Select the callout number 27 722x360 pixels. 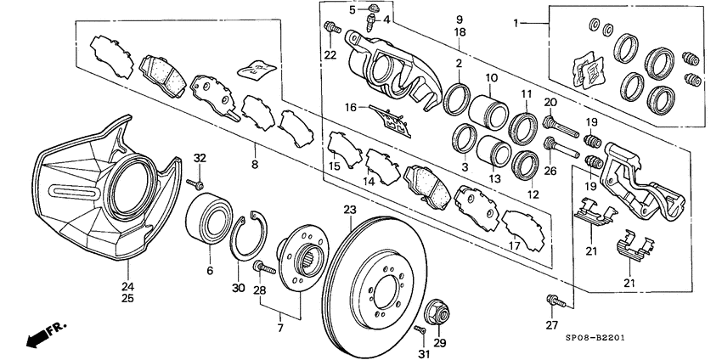(551, 324)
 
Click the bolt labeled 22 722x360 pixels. (329, 33)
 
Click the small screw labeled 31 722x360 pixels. (420, 329)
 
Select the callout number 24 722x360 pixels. (127, 287)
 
